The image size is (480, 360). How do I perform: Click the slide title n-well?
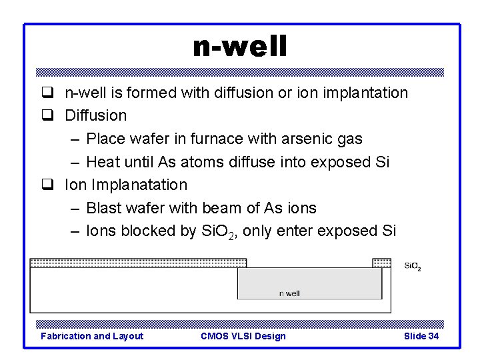pos(239,47)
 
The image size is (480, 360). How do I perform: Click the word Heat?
pos(103,162)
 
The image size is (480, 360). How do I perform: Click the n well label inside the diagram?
pos(289,293)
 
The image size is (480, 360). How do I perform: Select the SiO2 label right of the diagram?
pos(412,267)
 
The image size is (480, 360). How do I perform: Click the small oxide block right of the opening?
pos(381,263)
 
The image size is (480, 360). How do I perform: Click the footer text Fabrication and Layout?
pos(92,336)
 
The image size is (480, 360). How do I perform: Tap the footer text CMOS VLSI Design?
pos(243,336)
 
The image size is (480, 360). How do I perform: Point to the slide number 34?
pos(433,336)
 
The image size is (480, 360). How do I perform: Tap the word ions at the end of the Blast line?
pos(302,208)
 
